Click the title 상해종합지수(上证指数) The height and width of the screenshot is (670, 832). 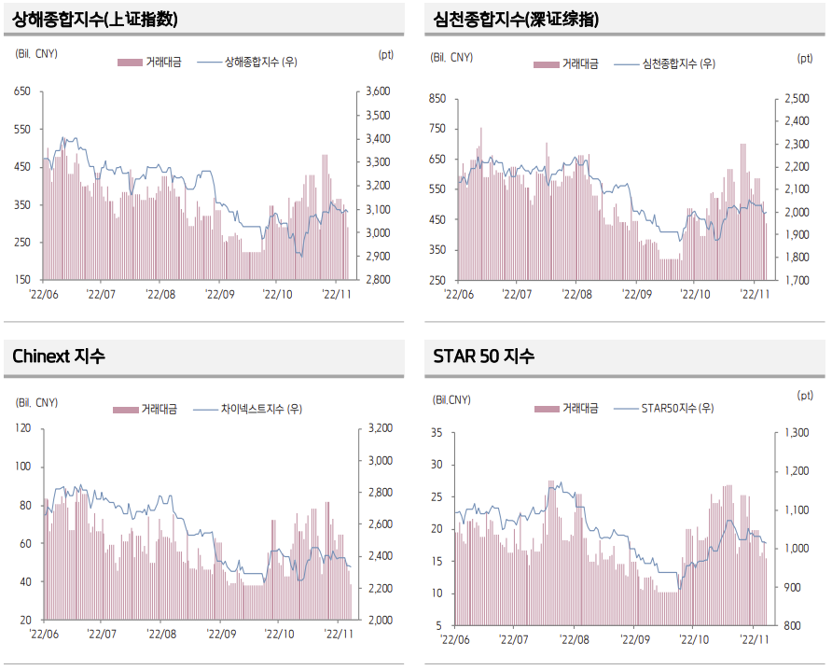[96, 20]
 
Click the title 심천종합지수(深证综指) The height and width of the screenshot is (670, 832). [517, 20]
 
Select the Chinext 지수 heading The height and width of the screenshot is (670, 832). [59, 356]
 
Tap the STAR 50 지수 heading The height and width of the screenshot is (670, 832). [483, 356]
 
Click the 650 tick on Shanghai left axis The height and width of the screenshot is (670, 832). [22, 91]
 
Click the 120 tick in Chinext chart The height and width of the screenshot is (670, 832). [22, 428]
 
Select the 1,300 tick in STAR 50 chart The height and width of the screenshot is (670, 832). [797, 433]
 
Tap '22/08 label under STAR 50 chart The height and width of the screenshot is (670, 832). [573, 639]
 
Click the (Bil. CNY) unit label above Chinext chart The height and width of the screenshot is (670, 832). [37, 402]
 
